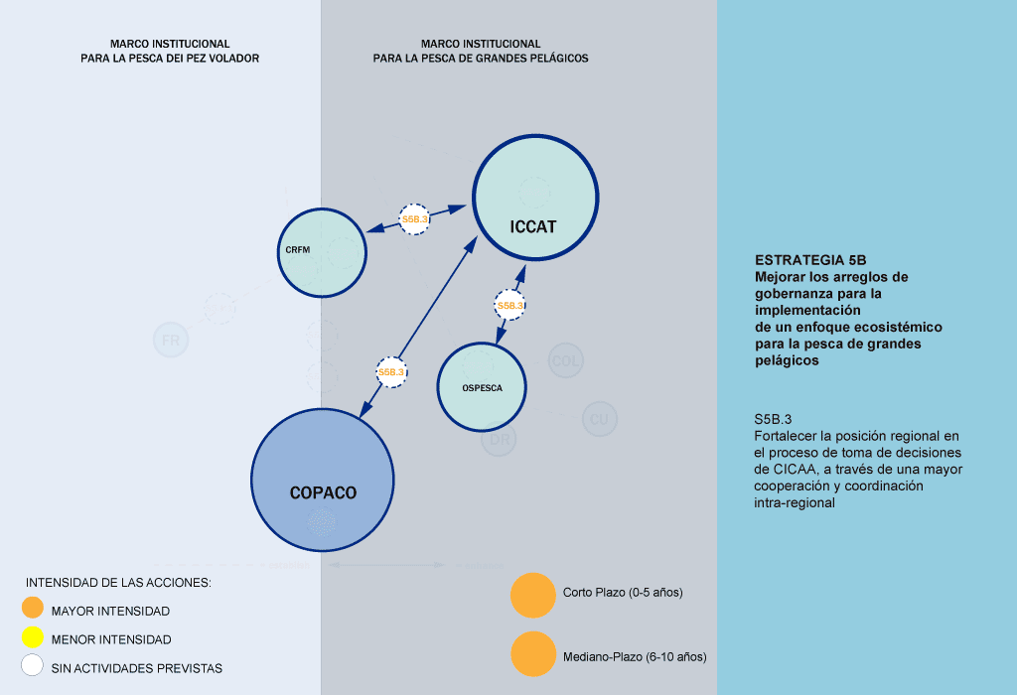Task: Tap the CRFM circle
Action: tap(321, 252)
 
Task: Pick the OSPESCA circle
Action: tap(481, 387)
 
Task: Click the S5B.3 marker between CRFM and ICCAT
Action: tap(414, 219)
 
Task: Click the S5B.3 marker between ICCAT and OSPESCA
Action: tap(509, 306)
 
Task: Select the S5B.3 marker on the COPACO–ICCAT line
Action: tap(391, 372)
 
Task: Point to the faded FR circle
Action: tap(170, 341)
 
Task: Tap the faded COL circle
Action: tap(565, 360)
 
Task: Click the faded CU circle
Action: tap(598, 419)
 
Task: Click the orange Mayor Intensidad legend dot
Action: tap(33, 609)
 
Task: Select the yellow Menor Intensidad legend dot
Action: tap(33, 638)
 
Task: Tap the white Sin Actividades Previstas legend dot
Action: tap(33, 666)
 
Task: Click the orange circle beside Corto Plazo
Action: tap(532, 595)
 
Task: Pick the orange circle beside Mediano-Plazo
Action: tap(532, 655)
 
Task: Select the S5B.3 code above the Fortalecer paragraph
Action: tap(772, 419)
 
